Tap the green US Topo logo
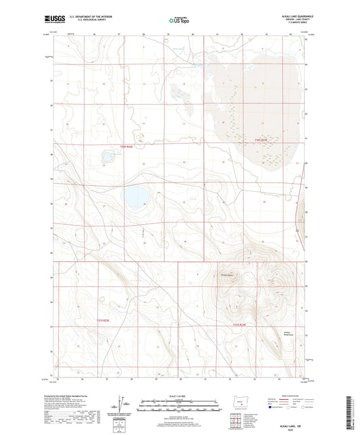coord(178,21)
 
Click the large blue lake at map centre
coord(136,198)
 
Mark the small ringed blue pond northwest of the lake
coord(107,157)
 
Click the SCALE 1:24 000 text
coord(179,394)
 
